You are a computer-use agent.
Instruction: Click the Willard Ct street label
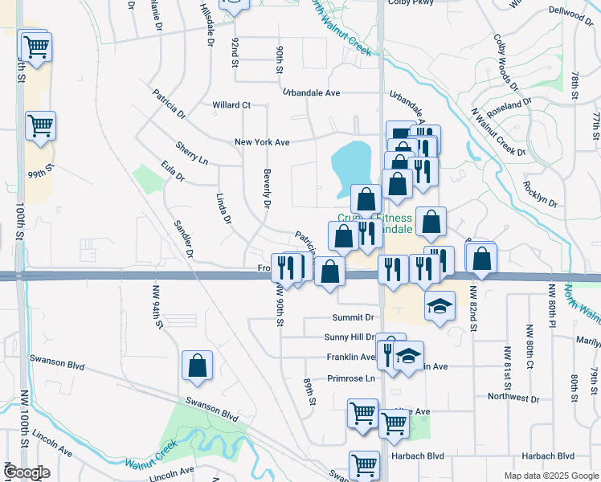pyautogui.click(x=231, y=105)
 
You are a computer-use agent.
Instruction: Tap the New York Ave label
pyautogui.click(x=261, y=142)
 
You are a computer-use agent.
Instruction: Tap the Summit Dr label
pyautogui.click(x=359, y=318)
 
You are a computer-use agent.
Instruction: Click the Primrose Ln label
pyautogui.click(x=350, y=378)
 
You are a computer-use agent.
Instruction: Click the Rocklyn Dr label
pyautogui.click(x=541, y=194)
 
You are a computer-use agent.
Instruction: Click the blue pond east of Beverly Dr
pyautogui.click(x=350, y=167)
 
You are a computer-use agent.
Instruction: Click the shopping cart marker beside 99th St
pyautogui.click(x=39, y=126)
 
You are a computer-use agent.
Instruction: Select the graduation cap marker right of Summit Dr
pyautogui.click(x=439, y=306)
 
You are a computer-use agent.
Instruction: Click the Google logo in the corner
pyautogui.click(x=27, y=472)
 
